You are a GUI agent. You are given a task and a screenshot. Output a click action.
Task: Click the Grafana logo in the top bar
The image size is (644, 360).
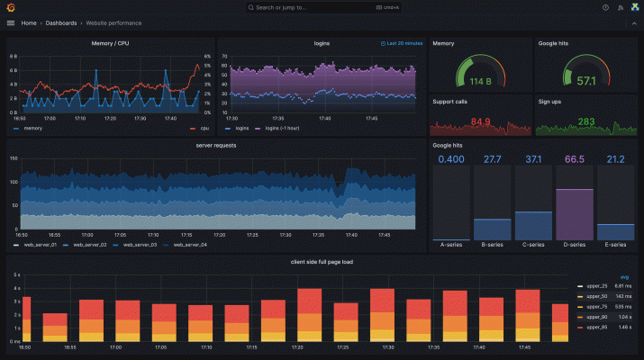pos(11,7)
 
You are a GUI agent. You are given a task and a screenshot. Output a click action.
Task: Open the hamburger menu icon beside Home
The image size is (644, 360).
pos(11,22)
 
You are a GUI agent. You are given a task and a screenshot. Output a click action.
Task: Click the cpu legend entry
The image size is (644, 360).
pos(204,128)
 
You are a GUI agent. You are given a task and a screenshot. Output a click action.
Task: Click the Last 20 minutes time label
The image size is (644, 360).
pos(404,42)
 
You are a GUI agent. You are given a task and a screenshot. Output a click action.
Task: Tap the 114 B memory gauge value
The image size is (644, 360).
pos(479,81)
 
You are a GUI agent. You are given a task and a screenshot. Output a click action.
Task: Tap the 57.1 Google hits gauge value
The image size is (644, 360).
pos(585,81)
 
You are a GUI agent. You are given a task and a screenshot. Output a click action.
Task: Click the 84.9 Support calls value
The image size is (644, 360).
pos(480,121)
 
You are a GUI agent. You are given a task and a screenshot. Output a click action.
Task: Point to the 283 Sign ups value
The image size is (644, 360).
pos(585,121)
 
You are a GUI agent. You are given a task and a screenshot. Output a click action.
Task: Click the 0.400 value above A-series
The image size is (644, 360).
pos(451,159)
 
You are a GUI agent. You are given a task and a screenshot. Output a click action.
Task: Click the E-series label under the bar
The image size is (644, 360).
pos(615,244)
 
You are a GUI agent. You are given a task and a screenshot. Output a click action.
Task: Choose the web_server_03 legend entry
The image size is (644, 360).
pos(140,244)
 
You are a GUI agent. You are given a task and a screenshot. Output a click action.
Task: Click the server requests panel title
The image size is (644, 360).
pos(215,145)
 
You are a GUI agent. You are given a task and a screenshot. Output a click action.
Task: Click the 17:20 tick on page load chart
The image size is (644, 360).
pos(309,346)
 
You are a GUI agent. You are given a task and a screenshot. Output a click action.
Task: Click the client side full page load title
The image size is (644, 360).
pos(322,261)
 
